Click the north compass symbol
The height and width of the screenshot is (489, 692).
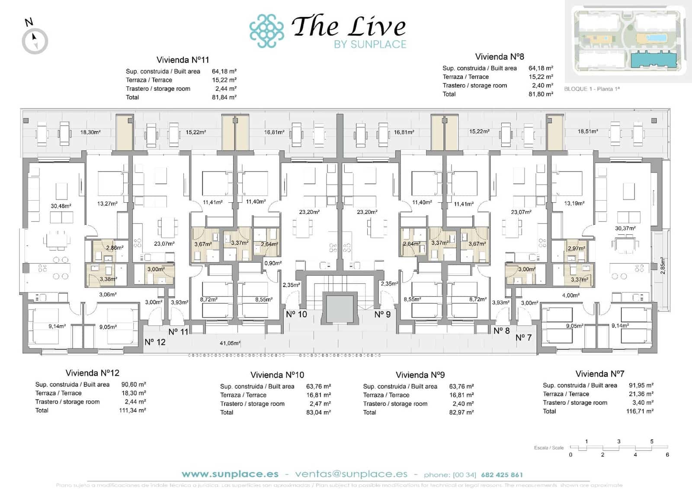tap(35, 41)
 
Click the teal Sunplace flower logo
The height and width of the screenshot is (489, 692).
tap(266, 31)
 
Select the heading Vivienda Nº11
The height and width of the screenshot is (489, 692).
tap(183, 60)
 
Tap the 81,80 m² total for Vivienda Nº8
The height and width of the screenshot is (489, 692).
tap(541, 94)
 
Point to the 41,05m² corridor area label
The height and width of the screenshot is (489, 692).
tap(230, 343)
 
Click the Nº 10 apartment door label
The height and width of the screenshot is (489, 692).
tap(296, 314)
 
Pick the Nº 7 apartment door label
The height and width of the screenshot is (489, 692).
tap(523, 337)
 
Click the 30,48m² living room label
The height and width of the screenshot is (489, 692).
tap(61, 206)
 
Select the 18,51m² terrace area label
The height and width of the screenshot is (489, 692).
tap(588, 131)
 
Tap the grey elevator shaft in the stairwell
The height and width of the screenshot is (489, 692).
tap(340, 308)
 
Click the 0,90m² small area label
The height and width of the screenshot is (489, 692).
tap(273, 263)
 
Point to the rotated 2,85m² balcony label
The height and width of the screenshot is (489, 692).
tap(663, 266)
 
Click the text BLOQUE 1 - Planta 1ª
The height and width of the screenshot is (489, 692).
tap(592, 89)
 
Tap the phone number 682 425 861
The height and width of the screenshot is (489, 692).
tap(502, 475)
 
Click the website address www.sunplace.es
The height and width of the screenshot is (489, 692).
tap(230, 474)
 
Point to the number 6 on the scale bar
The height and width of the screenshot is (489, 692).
tap(667, 454)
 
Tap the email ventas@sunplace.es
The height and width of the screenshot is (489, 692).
tap(351, 474)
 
